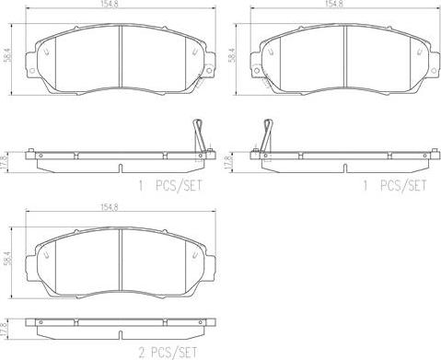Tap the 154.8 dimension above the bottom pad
pyautogui.click(x=110, y=207)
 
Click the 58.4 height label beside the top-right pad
pyautogui.click(x=232, y=55)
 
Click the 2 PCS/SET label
pyautogui.click(x=168, y=353)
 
